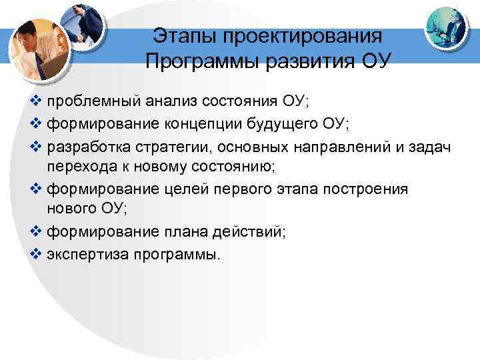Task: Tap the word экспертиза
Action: (x=83, y=255)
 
